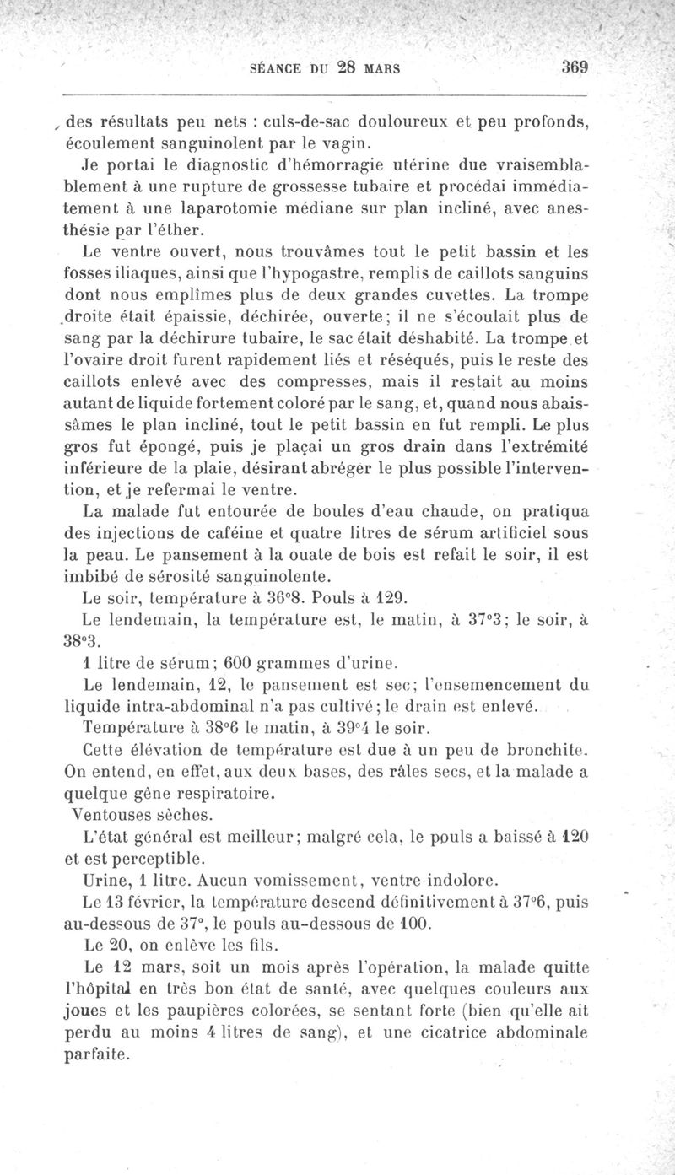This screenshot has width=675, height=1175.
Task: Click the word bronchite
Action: pyautogui.click(x=543, y=749)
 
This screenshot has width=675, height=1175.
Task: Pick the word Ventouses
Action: pyautogui.click(x=111, y=815)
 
